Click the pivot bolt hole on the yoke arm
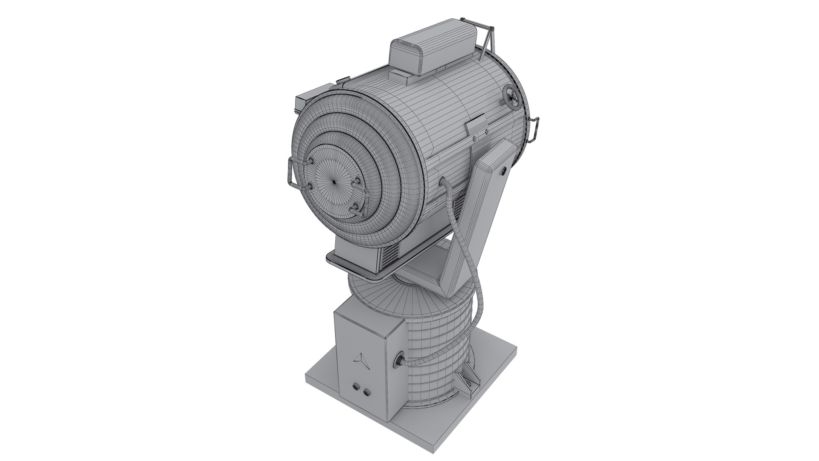click(x=503, y=171)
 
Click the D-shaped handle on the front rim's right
click(x=534, y=128)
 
